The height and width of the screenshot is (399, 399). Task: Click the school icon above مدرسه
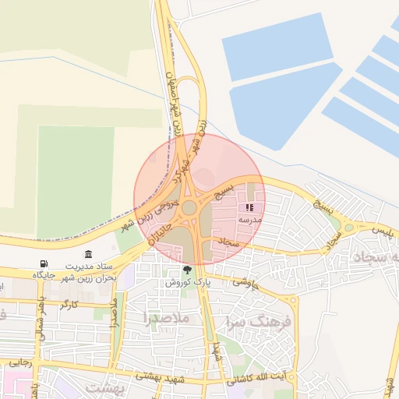tap(250, 208)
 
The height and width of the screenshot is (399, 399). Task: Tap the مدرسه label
tap(249, 221)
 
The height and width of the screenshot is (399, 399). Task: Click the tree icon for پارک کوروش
tap(187, 270)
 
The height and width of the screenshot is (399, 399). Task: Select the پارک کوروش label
tap(187, 283)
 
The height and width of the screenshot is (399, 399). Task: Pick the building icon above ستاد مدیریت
tap(88, 255)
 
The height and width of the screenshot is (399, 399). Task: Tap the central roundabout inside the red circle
tap(189, 207)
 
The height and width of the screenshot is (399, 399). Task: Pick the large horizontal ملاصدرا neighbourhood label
tap(166, 318)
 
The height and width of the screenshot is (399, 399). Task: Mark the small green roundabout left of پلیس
tap(348, 228)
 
